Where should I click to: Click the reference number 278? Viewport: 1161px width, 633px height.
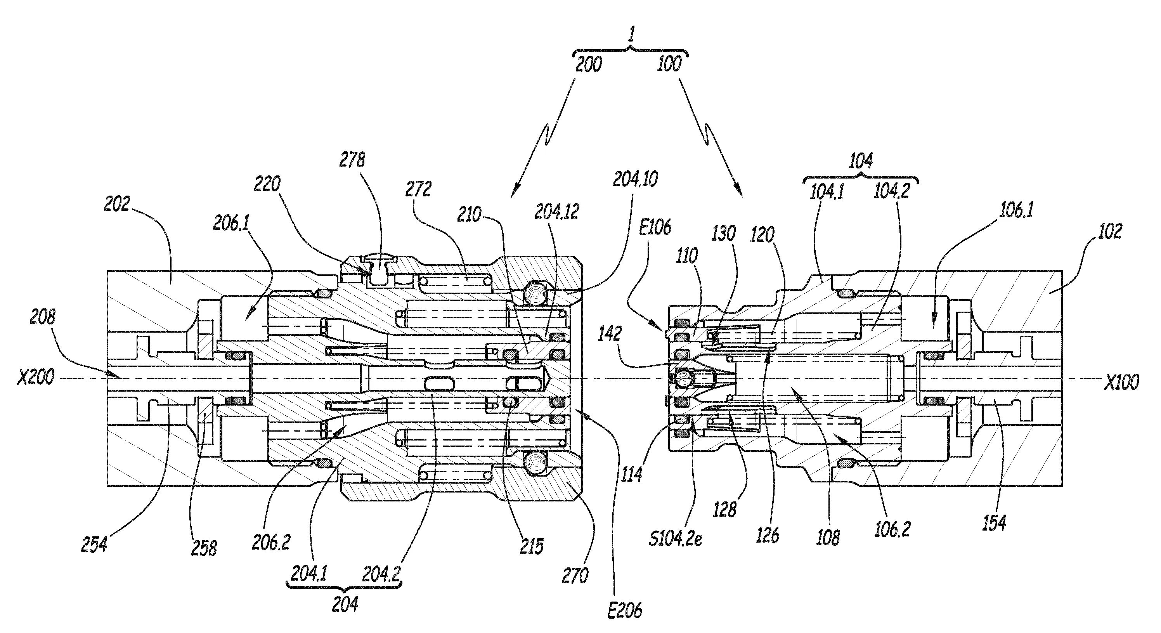pos(353,160)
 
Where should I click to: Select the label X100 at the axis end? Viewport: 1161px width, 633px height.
pos(1121,382)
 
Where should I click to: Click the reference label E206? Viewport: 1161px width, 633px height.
pos(625,611)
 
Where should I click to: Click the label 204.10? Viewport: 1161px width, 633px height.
pos(636,179)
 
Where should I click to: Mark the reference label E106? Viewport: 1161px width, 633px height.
pos(656,228)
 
